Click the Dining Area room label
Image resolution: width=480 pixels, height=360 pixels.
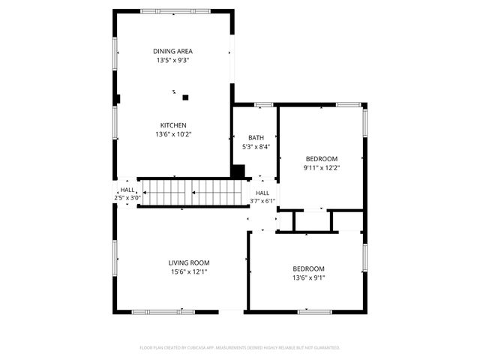pyautogui.click(x=172, y=51)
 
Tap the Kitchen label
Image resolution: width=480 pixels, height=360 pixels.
pyautogui.click(x=172, y=125)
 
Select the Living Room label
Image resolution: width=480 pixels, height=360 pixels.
pyautogui.click(x=188, y=262)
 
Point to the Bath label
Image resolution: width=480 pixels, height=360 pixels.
pyautogui.click(x=255, y=138)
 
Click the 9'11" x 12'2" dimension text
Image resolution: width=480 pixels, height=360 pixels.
pyautogui.click(x=321, y=167)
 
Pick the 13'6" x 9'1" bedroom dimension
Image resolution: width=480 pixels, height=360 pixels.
pyautogui.click(x=308, y=277)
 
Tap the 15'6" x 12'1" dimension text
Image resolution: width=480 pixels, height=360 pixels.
pyautogui.click(x=188, y=271)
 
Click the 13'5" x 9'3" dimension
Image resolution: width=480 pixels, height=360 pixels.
pyautogui.click(x=172, y=60)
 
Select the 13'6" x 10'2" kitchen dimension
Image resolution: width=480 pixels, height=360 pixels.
pyautogui.click(x=172, y=134)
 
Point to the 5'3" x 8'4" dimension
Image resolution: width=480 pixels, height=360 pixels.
pyautogui.click(x=255, y=147)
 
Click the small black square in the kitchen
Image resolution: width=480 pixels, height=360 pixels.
pyautogui.click(x=185, y=97)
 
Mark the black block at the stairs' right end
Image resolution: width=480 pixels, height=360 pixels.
pyautogui.click(x=238, y=172)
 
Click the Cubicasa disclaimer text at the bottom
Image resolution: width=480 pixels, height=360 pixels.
pyautogui.click(x=240, y=347)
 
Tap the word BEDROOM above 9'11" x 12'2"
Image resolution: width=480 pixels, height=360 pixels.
pyautogui.click(x=321, y=158)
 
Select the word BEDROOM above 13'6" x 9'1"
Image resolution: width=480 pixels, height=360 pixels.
pyautogui.click(x=308, y=268)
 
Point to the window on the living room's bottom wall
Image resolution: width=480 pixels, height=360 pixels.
pyautogui.click(x=154, y=311)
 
